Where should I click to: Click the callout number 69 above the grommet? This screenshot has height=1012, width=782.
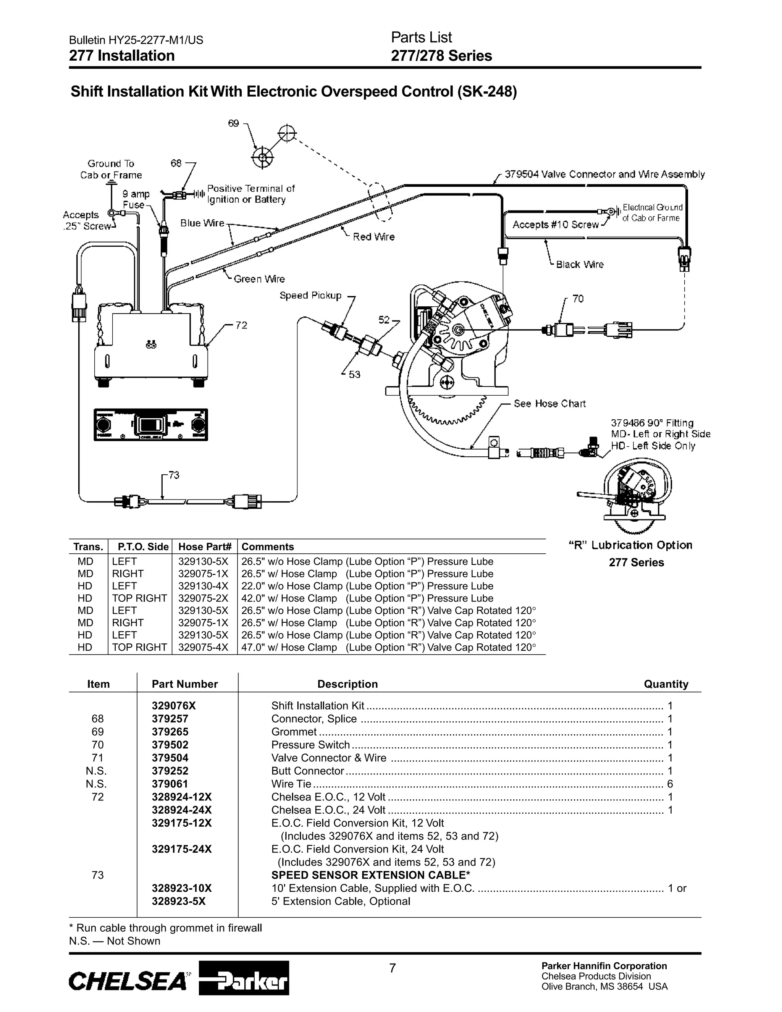[233, 123]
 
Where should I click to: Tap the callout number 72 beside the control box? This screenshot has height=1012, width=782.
[241, 325]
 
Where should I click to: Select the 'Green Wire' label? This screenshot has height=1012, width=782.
[259, 279]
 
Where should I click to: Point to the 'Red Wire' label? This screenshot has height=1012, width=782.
[373, 237]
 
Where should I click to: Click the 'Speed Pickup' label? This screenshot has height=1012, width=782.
[310, 296]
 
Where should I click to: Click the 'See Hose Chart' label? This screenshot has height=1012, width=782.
[549, 404]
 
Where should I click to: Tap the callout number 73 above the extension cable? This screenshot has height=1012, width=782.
[174, 475]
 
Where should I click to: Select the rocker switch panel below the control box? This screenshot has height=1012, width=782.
[150, 424]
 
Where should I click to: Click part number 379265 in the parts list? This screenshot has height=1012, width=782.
[170, 732]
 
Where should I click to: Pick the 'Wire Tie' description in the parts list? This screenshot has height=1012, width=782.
[291, 784]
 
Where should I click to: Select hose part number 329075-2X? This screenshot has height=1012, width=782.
[203, 598]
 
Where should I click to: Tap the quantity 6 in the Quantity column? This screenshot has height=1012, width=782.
[670, 784]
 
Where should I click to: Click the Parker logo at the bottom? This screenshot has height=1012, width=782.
[244, 978]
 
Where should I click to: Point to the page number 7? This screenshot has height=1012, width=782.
[393, 968]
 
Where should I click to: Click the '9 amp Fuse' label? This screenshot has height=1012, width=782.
[135, 199]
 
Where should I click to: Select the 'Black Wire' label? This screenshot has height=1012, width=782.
[580, 265]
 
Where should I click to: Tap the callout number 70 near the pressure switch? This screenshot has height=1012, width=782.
[578, 299]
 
